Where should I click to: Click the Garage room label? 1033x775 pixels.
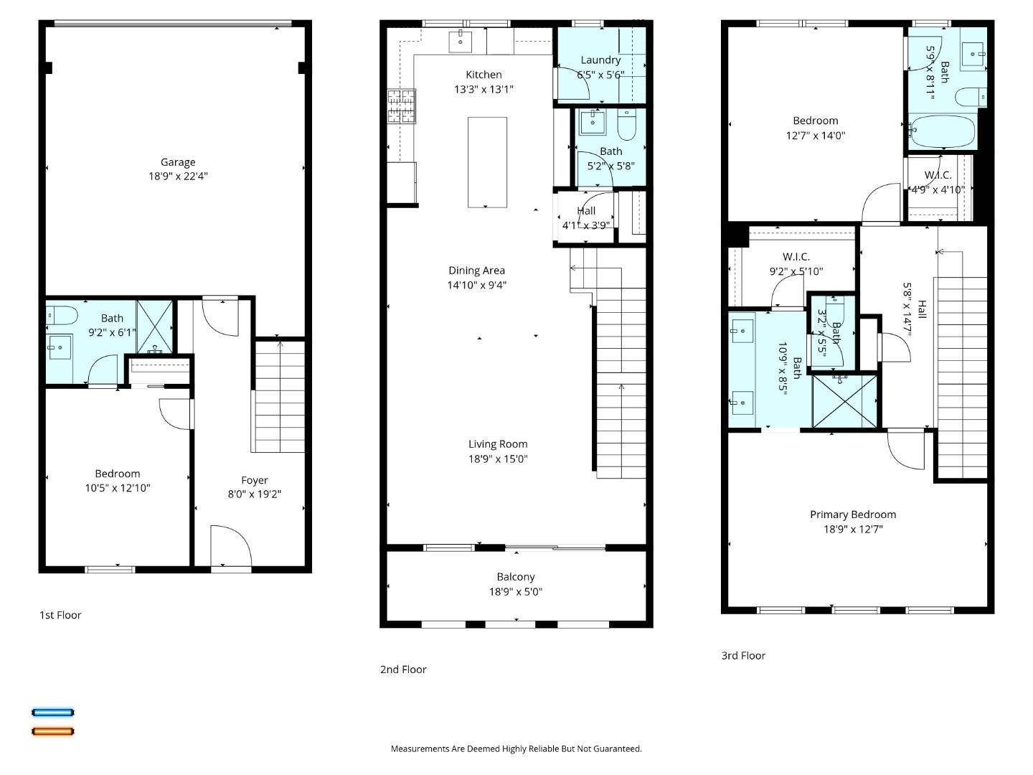click(178, 162)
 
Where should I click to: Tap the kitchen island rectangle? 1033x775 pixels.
click(487, 162)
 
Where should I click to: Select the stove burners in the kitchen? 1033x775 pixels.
click(401, 105)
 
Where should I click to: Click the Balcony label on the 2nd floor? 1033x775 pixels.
click(516, 577)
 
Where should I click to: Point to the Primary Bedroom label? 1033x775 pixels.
click(853, 515)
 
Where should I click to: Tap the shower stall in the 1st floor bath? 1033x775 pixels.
click(155, 326)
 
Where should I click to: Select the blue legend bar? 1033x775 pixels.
click(53, 713)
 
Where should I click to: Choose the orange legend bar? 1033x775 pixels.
click(53, 731)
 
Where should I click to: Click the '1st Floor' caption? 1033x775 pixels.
click(60, 615)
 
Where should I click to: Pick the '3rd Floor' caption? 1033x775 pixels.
click(743, 655)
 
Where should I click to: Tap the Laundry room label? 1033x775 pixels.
click(600, 60)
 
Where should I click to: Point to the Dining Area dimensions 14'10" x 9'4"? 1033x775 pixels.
click(477, 285)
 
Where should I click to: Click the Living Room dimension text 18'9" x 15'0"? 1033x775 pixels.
click(498, 459)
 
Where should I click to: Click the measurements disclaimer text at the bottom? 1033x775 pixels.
click(516, 748)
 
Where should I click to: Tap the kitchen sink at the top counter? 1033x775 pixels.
click(460, 42)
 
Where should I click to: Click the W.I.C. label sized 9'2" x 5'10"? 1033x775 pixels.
click(796, 257)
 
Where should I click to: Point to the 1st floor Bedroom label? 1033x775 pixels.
click(118, 474)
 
